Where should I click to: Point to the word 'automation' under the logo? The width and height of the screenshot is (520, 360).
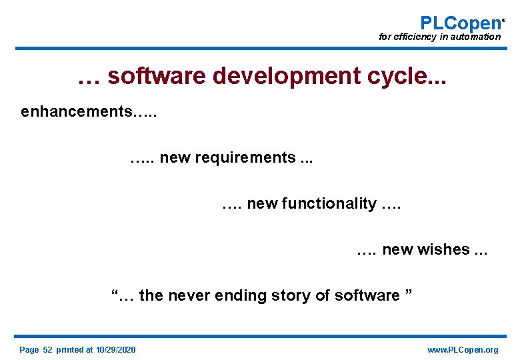point(476,37)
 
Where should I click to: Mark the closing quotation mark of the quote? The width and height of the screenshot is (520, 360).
point(409,293)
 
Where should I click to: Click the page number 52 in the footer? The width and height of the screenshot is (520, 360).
point(47,350)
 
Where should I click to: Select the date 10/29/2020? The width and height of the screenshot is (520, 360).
point(115,350)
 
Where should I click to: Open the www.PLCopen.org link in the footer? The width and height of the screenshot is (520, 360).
point(462,350)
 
